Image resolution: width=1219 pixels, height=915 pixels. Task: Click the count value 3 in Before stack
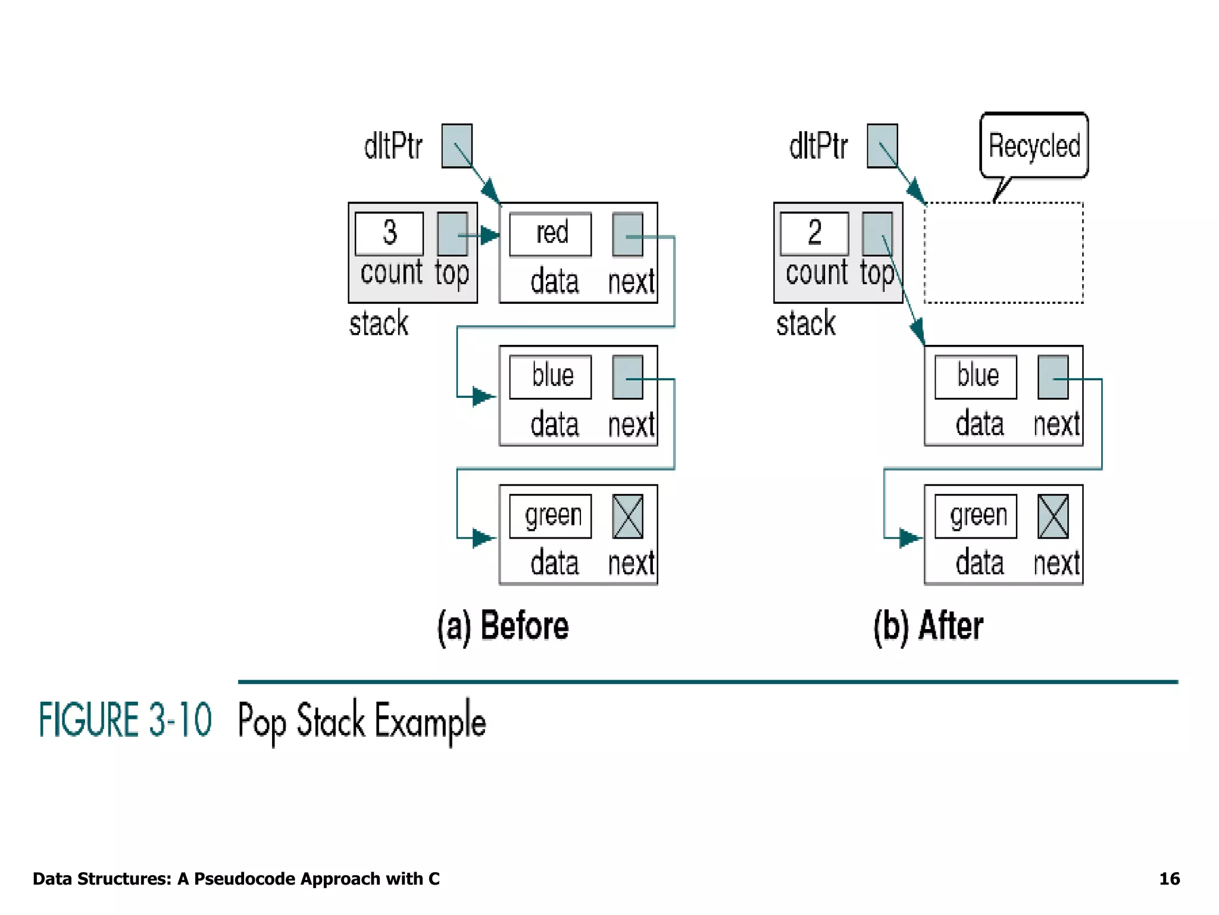(x=389, y=234)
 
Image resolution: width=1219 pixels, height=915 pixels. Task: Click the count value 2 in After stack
(x=814, y=234)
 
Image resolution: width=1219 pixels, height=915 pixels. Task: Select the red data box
(x=551, y=234)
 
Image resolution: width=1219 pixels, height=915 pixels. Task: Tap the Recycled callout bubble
(x=1034, y=146)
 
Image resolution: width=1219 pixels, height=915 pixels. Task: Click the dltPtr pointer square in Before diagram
(x=457, y=146)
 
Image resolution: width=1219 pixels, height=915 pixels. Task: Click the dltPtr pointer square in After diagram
(x=882, y=146)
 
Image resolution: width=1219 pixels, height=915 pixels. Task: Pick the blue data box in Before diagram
(x=551, y=376)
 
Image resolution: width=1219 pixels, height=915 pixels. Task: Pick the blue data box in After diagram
(x=976, y=376)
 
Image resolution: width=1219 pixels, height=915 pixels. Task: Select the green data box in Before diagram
(x=551, y=516)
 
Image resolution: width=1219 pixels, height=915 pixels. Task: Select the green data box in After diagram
(x=976, y=516)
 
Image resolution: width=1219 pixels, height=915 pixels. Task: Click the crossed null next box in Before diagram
(x=627, y=516)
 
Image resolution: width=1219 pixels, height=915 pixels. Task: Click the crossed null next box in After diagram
(x=1053, y=516)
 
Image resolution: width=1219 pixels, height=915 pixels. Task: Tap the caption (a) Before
(x=503, y=626)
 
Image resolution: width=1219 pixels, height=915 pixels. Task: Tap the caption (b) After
(x=928, y=626)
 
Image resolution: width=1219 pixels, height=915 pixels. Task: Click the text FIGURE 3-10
(x=125, y=720)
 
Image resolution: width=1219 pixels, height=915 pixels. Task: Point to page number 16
(x=1169, y=879)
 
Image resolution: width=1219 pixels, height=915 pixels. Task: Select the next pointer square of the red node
(x=627, y=235)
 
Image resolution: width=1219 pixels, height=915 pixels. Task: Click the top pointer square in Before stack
(x=452, y=235)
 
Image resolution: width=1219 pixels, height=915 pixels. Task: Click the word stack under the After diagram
(x=806, y=324)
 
